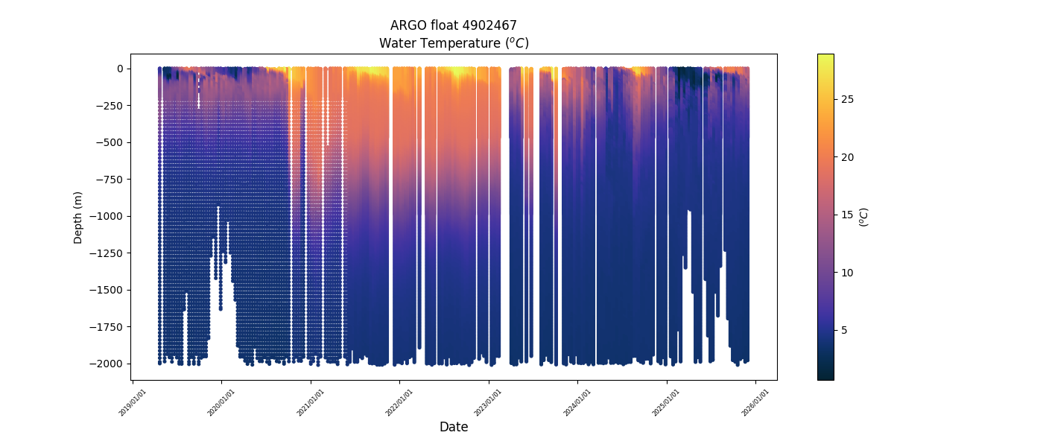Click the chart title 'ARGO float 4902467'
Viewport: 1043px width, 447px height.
click(453, 25)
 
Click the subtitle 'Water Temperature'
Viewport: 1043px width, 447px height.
click(453, 43)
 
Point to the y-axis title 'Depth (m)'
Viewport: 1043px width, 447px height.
click(77, 217)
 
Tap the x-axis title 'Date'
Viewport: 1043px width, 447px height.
click(453, 427)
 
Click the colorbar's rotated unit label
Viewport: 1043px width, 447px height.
click(864, 217)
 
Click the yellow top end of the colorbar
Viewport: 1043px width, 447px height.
click(825, 57)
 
